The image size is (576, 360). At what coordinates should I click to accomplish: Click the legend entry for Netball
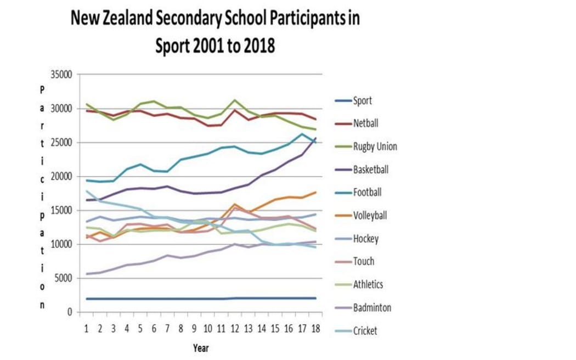[x=365, y=123]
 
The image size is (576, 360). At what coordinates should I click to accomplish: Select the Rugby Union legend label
[x=375, y=147]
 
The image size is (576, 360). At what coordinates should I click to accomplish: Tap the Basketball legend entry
[x=370, y=170]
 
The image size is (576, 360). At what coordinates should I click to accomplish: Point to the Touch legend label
[x=364, y=261]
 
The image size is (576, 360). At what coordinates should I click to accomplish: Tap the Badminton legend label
[x=372, y=307]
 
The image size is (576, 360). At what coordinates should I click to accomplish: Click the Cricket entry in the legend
[x=365, y=330]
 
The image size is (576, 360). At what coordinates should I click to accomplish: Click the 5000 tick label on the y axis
[x=63, y=278]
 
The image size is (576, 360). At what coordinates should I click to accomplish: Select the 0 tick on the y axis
[x=69, y=312]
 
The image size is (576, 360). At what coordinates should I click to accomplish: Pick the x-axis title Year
[x=200, y=348]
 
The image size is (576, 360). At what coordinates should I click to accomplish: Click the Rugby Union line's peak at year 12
[x=235, y=100]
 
